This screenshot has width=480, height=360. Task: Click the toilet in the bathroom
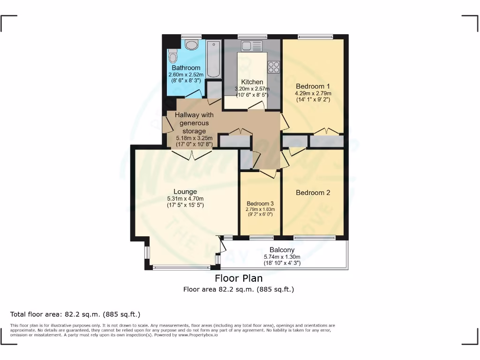tap(173, 57)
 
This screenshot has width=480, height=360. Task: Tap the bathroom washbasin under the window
tap(191, 45)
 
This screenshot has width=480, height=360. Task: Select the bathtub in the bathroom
tap(213, 60)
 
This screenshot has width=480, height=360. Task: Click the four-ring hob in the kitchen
tap(274, 67)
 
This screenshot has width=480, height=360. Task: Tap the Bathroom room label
tap(186, 68)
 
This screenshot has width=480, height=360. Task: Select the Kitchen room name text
tap(252, 82)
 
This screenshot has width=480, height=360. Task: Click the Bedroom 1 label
tap(313, 86)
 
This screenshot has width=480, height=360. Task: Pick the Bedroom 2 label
tap(313, 193)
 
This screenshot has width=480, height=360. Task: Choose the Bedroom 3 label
tap(260, 203)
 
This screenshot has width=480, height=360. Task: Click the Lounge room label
tap(185, 192)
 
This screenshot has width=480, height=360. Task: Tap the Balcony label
tap(282, 250)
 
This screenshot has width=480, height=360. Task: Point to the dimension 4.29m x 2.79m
tap(313, 93)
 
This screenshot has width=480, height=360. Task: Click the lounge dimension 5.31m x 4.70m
tap(185, 198)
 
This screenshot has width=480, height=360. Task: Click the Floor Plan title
tap(239, 278)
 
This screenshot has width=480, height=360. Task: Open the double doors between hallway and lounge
tap(194, 155)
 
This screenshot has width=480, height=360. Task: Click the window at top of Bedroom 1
tap(315, 37)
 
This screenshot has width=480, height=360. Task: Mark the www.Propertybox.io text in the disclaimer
tap(198, 335)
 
